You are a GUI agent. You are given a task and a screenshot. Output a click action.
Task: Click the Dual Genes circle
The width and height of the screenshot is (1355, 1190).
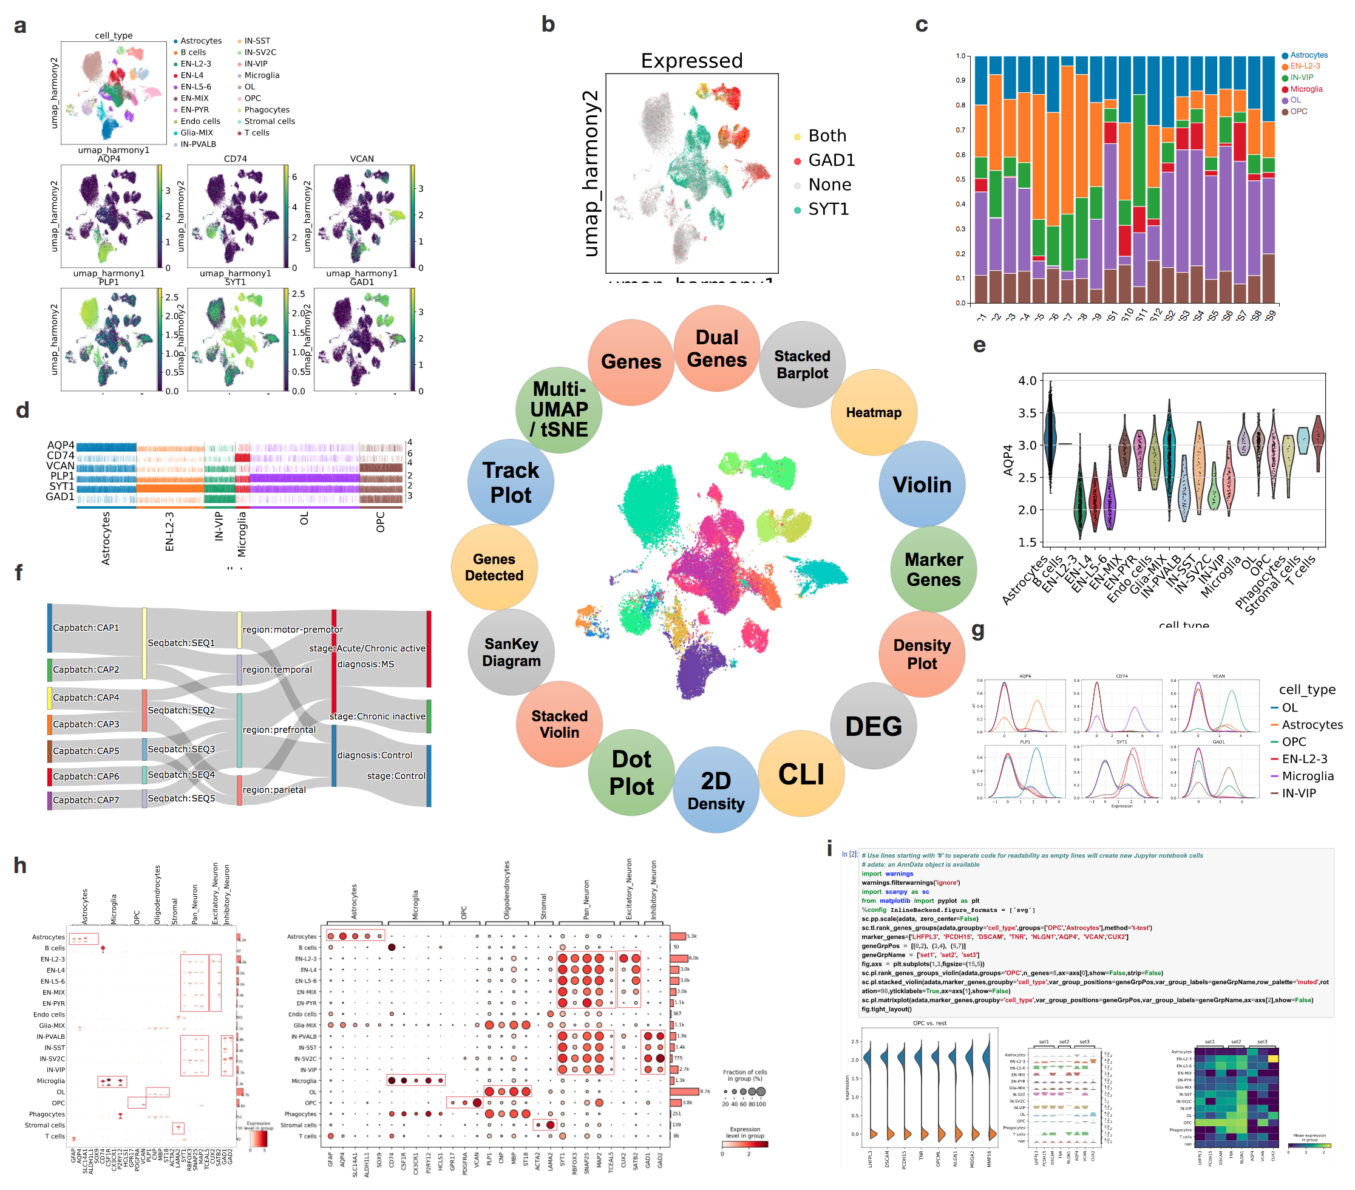pyautogui.click(x=716, y=348)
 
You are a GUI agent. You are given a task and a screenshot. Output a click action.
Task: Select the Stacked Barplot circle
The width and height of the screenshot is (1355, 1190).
pyautogui.click(x=801, y=365)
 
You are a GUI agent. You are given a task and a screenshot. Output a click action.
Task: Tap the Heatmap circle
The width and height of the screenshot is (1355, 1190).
pyautogui.click(x=873, y=412)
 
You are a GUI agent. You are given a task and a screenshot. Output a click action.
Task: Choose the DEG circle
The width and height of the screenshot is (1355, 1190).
pyautogui.click(x=873, y=726)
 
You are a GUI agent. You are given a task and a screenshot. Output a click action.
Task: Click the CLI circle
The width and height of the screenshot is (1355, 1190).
pyautogui.click(x=801, y=773)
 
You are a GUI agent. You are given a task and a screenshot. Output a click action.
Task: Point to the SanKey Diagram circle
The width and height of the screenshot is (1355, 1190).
pyautogui.click(x=511, y=652)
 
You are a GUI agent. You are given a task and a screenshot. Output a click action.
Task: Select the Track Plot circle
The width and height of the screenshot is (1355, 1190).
pyautogui.click(x=511, y=483)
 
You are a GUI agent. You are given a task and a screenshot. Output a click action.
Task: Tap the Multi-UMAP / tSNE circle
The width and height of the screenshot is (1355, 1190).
pyautogui.click(x=559, y=410)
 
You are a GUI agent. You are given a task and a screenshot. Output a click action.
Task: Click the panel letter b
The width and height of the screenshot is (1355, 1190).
pyautogui.click(x=548, y=24)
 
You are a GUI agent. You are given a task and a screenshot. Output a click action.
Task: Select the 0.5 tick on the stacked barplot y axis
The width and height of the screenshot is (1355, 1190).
pyautogui.click(x=960, y=179)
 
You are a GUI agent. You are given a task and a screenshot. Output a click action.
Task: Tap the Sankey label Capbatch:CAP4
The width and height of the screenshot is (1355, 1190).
pyautogui.click(x=86, y=698)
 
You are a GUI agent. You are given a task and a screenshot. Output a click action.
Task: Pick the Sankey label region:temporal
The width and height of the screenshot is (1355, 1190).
pyautogui.click(x=277, y=670)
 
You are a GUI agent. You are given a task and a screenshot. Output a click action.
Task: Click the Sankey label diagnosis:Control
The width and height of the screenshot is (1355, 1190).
pyautogui.click(x=375, y=755)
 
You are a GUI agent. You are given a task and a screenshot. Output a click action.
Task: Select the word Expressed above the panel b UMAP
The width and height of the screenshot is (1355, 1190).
pyautogui.click(x=691, y=61)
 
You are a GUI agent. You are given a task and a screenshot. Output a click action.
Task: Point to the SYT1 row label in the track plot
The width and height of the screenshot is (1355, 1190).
pyautogui.click(x=61, y=486)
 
